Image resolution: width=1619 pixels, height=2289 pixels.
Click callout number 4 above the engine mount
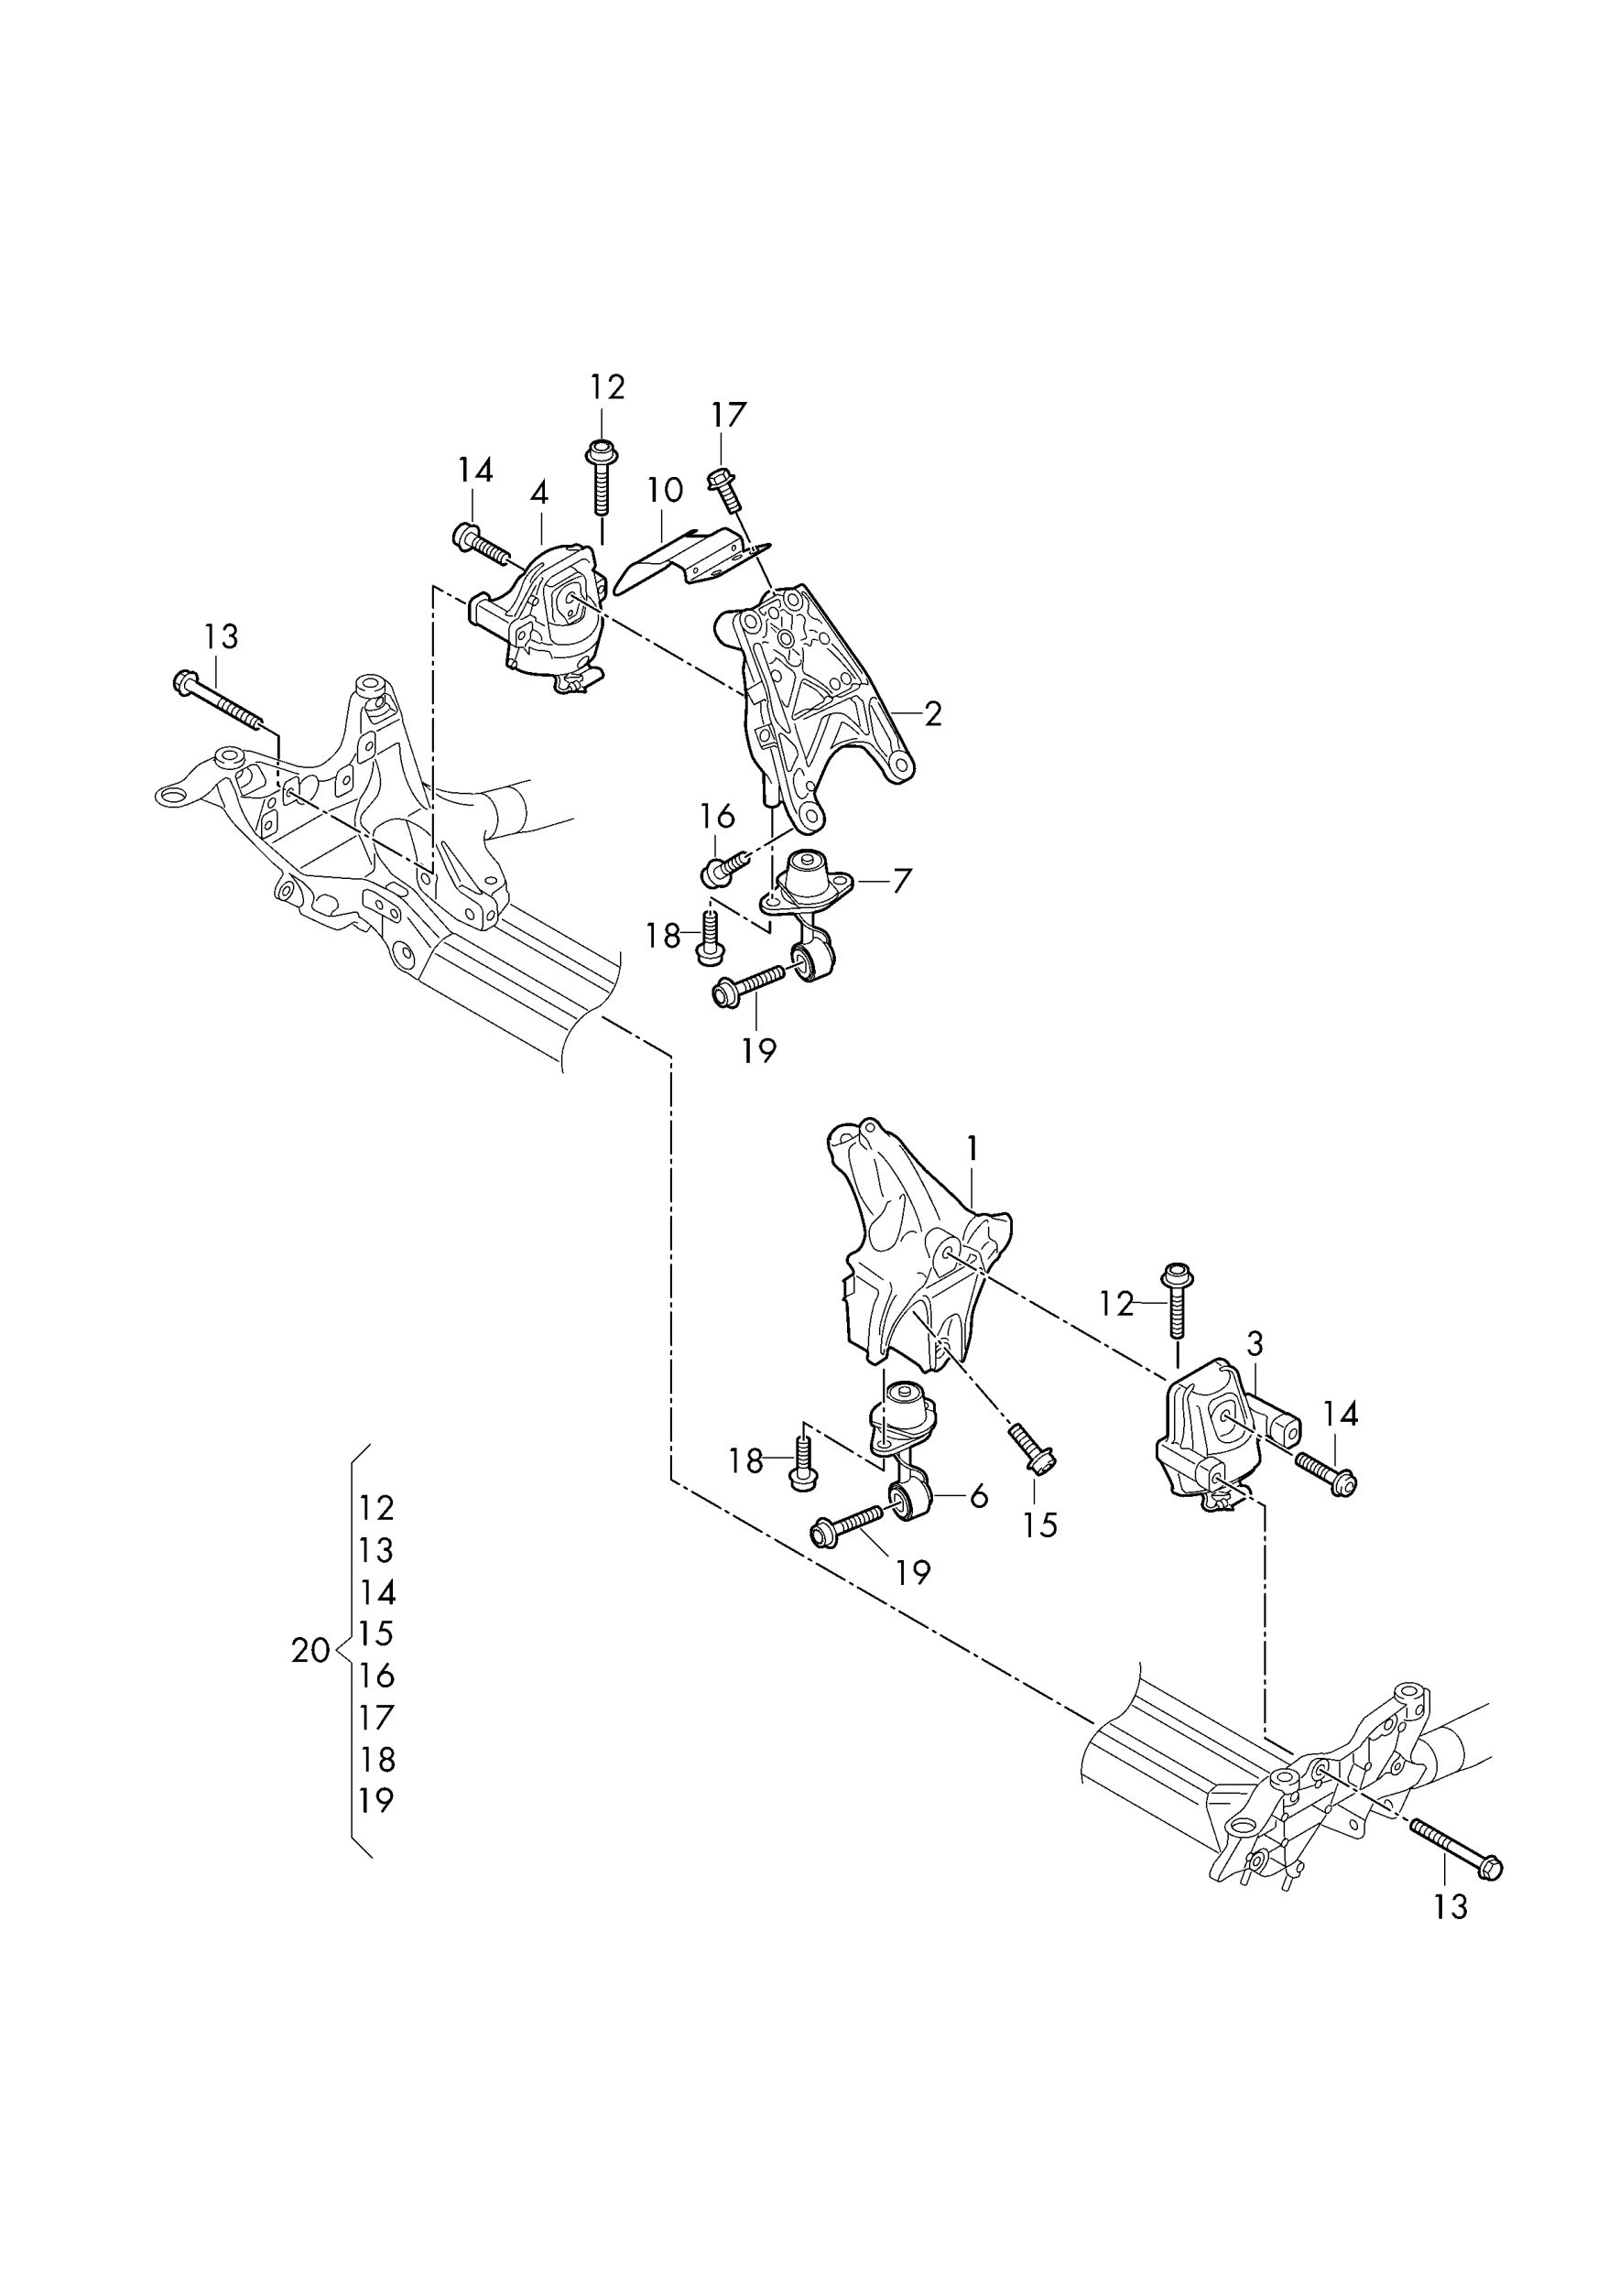tap(539, 493)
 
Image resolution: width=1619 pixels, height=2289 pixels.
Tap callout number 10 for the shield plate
tap(664, 490)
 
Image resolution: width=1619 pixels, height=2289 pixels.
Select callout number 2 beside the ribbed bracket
tap(933, 713)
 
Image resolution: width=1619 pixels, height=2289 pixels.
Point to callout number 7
tap(901, 880)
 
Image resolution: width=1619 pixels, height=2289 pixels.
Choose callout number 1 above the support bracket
tap(972, 1148)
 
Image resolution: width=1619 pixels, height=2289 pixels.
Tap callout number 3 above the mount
tap(1255, 1344)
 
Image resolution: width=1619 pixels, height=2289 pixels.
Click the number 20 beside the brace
tap(310, 1651)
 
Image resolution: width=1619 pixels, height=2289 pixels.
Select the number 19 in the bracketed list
tap(375, 1800)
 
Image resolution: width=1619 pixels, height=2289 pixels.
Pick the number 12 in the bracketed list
tap(375, 1508)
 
